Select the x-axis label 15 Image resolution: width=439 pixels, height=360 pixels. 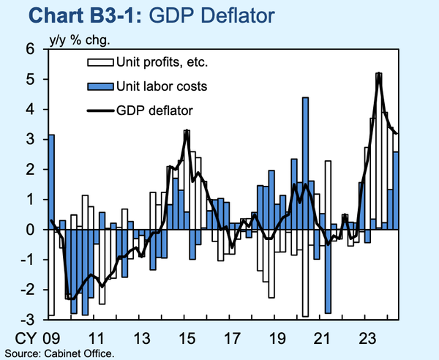(187, 339)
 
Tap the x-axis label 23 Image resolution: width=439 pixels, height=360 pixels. (367, 339)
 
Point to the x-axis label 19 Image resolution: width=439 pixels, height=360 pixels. (277, 339)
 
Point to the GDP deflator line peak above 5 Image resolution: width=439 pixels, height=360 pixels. (378, 75)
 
